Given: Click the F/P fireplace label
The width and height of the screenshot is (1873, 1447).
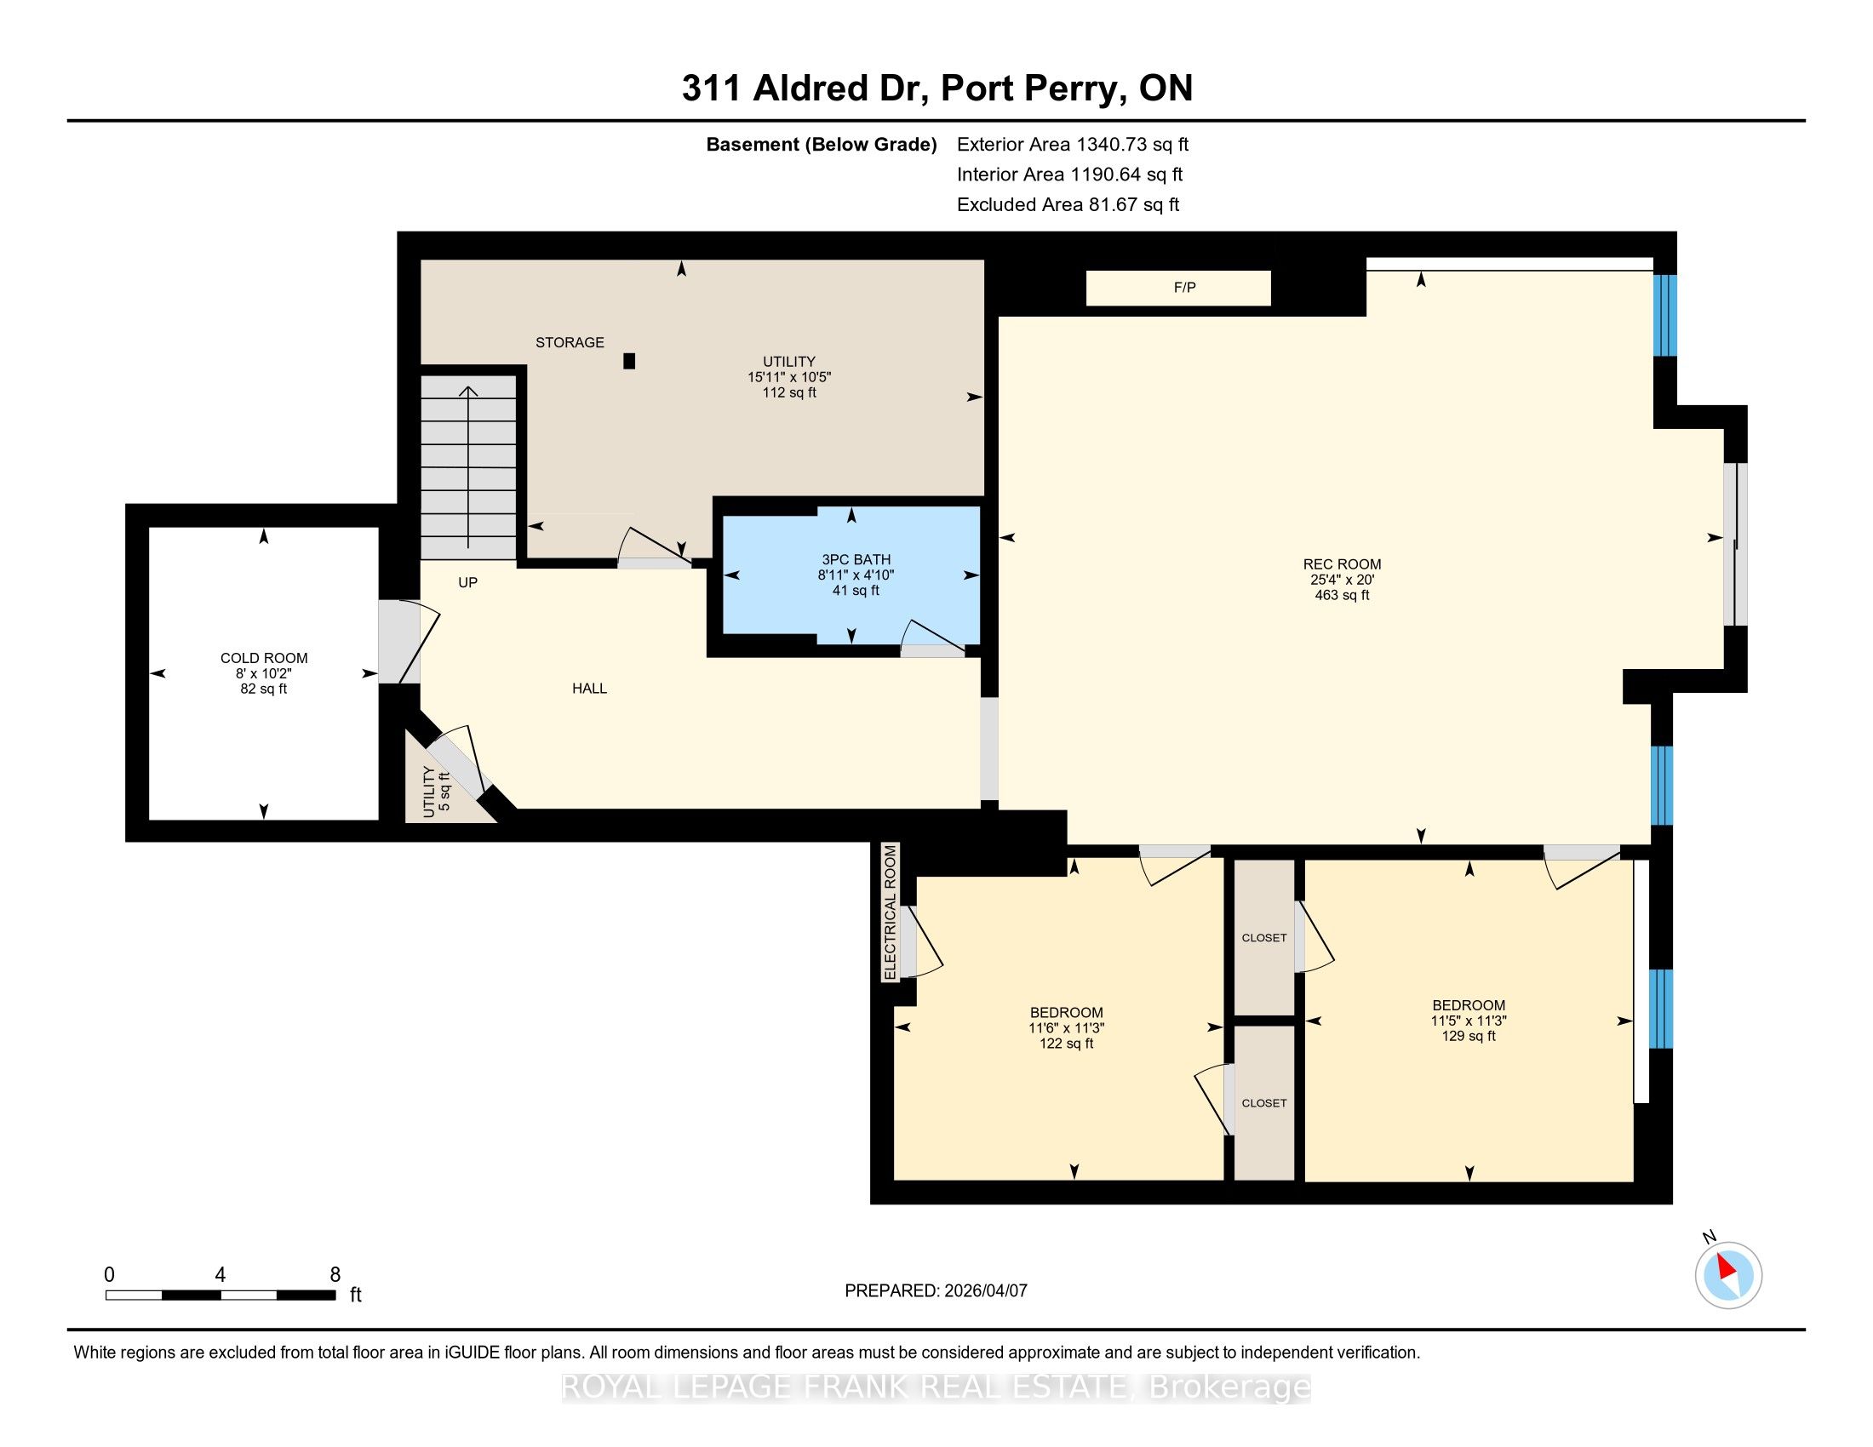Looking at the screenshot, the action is pyautogui.click(x=1184, y=288).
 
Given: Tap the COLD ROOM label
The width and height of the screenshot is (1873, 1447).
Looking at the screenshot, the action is pyautogui.click(x=263, y=658).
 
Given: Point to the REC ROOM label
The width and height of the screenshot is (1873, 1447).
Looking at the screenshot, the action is pyautogui.click(x=1341, y=564).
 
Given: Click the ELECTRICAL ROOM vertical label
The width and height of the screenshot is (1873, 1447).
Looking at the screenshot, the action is pyautogui.click(x=891, y=912).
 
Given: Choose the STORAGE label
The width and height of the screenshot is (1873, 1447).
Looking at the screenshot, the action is pyautogui.click(x=570, y=343).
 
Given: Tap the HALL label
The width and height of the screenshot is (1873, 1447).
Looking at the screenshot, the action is pyautogui.click(x=589, y=689).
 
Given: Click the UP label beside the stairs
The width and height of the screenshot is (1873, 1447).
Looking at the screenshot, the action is pyautogui.click(x=467, y=583).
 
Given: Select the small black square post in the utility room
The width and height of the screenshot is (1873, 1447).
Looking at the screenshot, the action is pyautogui.click(x=628, y=362).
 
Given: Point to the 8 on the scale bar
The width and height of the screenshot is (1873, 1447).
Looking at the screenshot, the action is pyautogui.click(x=335, y=1274).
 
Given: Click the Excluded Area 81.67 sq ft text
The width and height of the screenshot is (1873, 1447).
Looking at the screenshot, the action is pyautogui.click(x=1068, y=205).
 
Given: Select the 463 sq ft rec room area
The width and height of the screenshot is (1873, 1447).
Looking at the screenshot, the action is pyautogui.click(x=1341, y=595).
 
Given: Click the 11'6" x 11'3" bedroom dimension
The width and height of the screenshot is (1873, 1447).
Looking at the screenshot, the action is pyautogui.click(x=1066, y=1028).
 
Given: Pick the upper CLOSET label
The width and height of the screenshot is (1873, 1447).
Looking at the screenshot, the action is pyautogui.click(x=1264, y=938).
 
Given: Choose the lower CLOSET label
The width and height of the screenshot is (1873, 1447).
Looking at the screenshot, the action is pyautogui.click(x=1264, y=1103).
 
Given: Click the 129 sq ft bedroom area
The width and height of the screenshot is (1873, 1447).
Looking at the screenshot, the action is pyautogui.click(x=1469, y=1037).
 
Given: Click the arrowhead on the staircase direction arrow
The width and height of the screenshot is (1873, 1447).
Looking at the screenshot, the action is pyautogui.click(x=467, y=392).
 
